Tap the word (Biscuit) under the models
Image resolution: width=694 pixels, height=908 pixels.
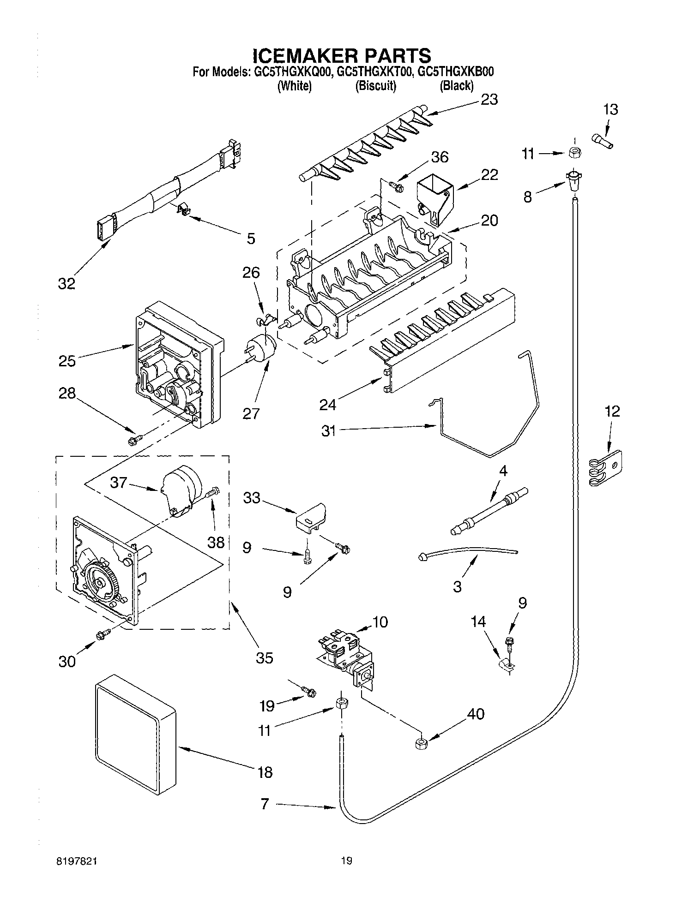click(375, 86)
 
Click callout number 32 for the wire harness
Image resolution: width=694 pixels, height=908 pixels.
click(66, 283)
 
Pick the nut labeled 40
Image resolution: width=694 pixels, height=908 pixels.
click(421, 744)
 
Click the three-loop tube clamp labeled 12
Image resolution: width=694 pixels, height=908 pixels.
click(606, 468)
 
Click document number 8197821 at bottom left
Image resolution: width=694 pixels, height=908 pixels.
click(78, 860)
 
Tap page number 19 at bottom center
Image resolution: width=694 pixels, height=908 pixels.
click(347, 860)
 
